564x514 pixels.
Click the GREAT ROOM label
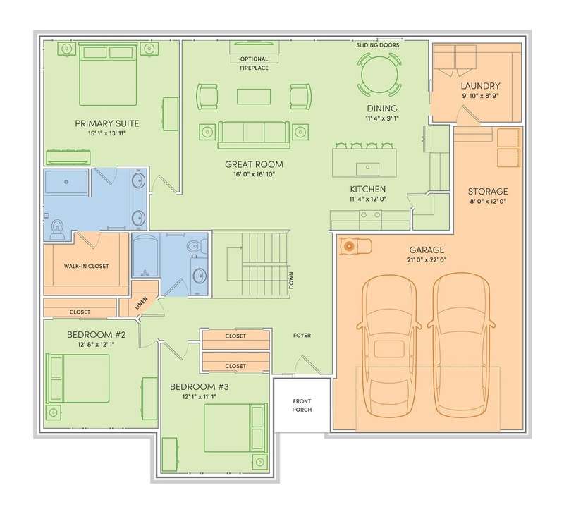[x=254, y=164]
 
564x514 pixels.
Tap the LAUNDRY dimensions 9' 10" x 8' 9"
[x=480, y=96]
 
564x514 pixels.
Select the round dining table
[x=379, y=75]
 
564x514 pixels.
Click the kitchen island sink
[x=367, y=169]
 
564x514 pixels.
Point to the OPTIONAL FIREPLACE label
[x=255, y=63]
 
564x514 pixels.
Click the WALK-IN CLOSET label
[x=86, y=267]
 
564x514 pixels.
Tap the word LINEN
[x=141, y=303]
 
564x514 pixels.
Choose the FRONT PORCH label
[x=302, y=405]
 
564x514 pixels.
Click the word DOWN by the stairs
[x=291, y=281]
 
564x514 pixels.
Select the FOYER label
[x=302, y=335]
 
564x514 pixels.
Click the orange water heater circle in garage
[x=348, y=246]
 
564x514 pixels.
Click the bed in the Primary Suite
[x=108, y=74]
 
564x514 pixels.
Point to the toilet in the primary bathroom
[x=57, y=230]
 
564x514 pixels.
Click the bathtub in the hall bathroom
[x=145, y=256]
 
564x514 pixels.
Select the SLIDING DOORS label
[x=378, y=45]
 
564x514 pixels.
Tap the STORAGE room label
[x=488, y=191]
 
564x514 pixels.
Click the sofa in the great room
[x=254, y=135]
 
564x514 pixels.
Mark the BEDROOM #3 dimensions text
[x=200, y=397]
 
